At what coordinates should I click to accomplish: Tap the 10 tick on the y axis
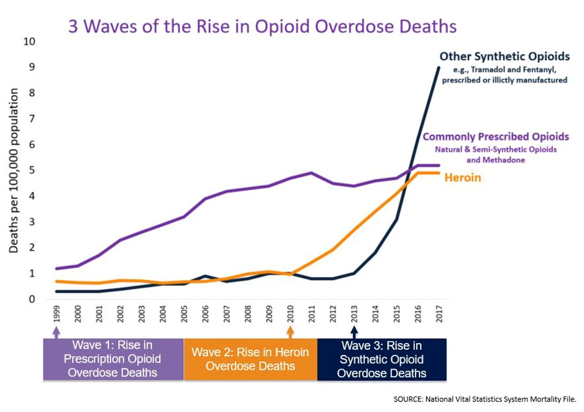(x=29, y=42)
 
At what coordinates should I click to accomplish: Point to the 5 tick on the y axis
(x=31, y=170)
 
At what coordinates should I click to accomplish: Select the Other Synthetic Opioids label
(x=504, y=57)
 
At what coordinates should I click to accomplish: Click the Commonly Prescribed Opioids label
(x=496, y=137)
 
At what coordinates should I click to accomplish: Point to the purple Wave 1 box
(x=113, y=359)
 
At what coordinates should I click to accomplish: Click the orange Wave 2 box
(x=250, y=359)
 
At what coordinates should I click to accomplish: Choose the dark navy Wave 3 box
(x=381, y=359)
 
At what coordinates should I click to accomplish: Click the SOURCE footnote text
(x=485, y=398)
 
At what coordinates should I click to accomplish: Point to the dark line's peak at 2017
(x=439, y=67)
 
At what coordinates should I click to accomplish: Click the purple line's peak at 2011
(x=311, y=173)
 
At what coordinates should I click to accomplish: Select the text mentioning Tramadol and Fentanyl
(x=504, y=75)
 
